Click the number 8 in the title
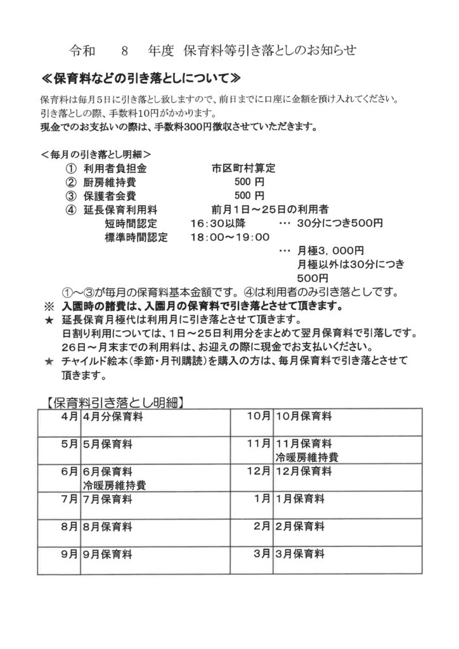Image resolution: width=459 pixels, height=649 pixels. [x=124, y=49]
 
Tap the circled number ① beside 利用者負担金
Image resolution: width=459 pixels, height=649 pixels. [x=70, y=169]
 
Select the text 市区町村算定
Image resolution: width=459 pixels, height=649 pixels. [x=243, y=169]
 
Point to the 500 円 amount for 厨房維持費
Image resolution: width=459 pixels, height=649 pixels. [x=244, y=183]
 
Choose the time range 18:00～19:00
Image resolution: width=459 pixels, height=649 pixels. [x=230, y=237]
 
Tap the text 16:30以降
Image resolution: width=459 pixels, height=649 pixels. [x=217, y=223]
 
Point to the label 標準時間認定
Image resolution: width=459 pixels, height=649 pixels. [x=136, y=237]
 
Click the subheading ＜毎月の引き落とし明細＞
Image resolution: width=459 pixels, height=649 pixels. [x=94, y=154]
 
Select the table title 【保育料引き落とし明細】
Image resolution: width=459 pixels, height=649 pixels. [x=115, y=401]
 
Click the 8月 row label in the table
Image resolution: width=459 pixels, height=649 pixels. [x=69, y=526]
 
